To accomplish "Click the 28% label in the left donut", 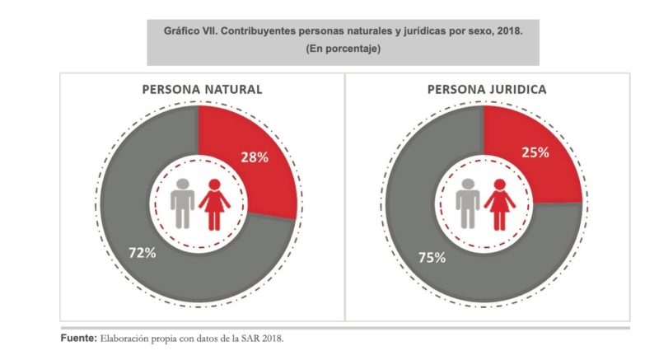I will point(255,157).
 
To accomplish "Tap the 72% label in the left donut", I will point(143,253).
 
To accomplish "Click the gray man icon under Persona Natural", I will point(183,203).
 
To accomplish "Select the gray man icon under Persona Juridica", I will point(468,203).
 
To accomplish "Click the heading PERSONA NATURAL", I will point(202,89).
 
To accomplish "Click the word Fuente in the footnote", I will point(78,338).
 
